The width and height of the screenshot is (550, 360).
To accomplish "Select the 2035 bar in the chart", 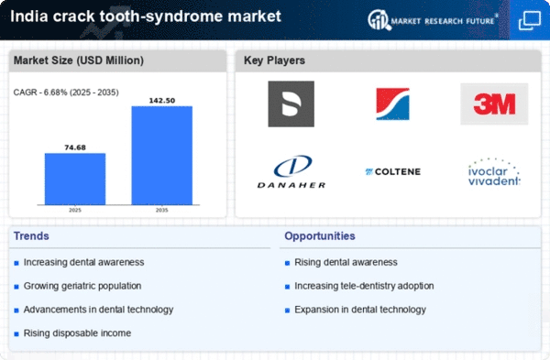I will tap(162, 156).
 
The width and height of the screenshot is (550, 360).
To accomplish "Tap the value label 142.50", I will tap(162, 98).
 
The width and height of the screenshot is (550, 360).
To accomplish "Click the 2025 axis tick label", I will tap(75, 210).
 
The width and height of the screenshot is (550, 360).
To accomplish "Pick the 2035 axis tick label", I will tap(162, 210).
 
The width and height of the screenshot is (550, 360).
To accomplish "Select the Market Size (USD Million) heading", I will tap(78, 61).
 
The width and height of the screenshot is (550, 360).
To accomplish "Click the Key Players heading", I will tap(274, 61).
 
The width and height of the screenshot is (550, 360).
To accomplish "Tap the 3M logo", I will tap(494, 104).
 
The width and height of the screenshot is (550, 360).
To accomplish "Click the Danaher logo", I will tap(291, 170).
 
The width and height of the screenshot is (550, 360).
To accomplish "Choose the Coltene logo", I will tap(391, 171).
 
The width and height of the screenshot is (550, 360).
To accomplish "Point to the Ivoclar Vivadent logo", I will tap(493, 171).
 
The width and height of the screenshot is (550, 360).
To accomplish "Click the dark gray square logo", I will tap(291, 104).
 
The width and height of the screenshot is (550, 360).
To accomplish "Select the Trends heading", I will tap(33, 236).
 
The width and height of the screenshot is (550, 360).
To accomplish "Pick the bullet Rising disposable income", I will tap(78, 333).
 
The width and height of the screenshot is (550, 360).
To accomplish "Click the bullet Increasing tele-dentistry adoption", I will tap(364, 286).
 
